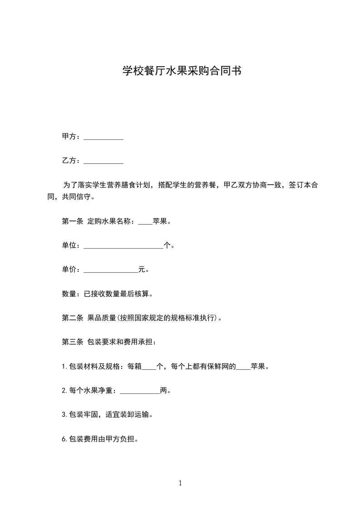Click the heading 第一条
(x=72, y=222)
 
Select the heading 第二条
(x=72, y=318)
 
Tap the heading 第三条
(x=72, y=342)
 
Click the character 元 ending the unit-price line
(x=142, y=270)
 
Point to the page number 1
(x=180, y=484)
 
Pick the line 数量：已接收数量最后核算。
(x=107, y=294)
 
